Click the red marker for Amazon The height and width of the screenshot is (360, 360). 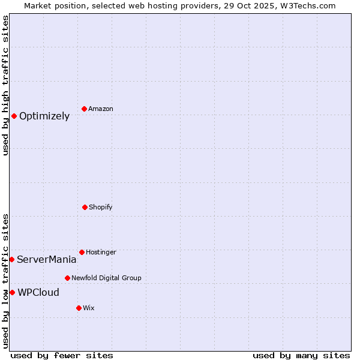84,109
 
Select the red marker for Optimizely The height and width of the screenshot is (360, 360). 14,116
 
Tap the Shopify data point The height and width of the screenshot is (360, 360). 85,207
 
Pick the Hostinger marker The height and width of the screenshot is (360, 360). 82,252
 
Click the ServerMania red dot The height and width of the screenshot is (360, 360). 11,259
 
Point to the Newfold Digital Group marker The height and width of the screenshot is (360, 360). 67,278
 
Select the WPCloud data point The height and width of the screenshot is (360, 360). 12,292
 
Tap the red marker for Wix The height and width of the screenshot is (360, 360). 79,308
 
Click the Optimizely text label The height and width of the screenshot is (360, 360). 44,116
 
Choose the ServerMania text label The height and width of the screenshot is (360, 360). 47,260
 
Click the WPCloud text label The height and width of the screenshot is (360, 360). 38,293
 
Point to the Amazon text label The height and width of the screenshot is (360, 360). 101,109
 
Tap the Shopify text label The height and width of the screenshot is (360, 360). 101,208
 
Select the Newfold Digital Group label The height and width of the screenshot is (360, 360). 106,278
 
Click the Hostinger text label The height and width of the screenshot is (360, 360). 101,253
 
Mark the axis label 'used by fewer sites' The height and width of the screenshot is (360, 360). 62,355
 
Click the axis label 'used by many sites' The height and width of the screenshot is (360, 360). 301,355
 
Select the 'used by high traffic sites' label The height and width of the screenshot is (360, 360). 5,85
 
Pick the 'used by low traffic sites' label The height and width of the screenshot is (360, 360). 5,281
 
